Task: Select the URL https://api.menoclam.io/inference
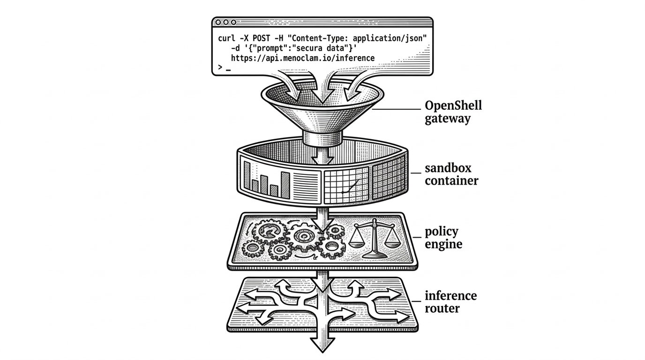click(x=303, y=58)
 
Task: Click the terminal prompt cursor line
click(x=225, y=68)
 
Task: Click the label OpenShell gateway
click(x=453, y=112)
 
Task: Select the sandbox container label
click(x=451, y=174)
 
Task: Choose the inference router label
click(x=450, y=302)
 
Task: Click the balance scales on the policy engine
click(x=370, y=238)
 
